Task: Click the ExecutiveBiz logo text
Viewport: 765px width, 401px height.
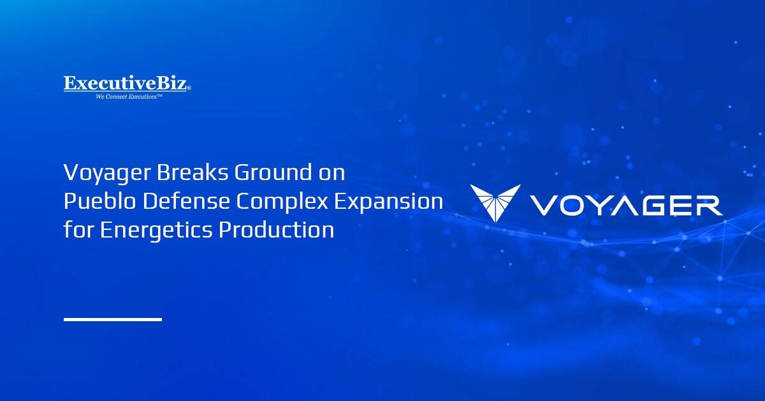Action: click(126, 84)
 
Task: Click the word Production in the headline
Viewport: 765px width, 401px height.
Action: click(276, 229)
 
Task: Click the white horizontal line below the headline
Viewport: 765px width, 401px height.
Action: click(112, 319)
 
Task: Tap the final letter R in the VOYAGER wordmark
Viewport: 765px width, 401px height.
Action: click(708, 206)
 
